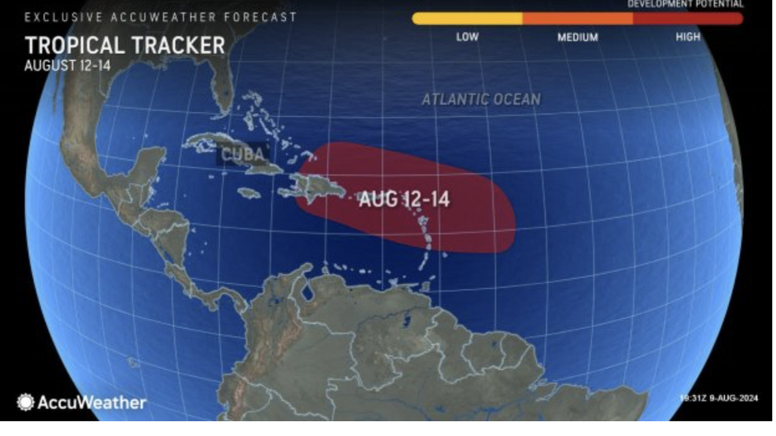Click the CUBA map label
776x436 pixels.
[x=244, y=154]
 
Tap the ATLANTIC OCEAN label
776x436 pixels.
[x=481, y=99]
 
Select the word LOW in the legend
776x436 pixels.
[x=467, y=37]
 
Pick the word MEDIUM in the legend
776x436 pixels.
[x=577, y=37]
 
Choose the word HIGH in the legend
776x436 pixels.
[x=687, y=37]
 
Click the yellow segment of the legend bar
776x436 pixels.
[x=467, y=19]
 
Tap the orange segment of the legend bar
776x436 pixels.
[x=577, y=19]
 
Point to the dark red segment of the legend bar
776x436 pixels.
[x=687, y=19]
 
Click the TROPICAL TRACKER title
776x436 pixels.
[x=125, y=45]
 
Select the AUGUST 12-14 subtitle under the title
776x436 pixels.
[x=67, y=65]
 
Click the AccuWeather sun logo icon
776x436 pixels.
[x=26, y=402]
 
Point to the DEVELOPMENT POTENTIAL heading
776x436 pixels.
[x=686, y=4]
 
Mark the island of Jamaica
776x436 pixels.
[x=249, y=193]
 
